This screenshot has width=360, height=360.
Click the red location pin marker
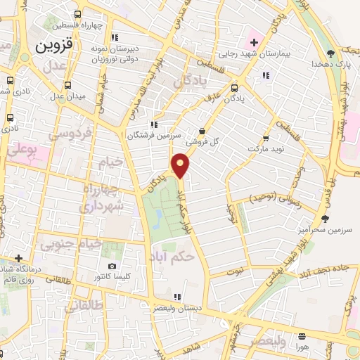pyautogui.click(x=181, y=165)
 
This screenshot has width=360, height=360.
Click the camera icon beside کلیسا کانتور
pyautogui.click(x=112, y=266)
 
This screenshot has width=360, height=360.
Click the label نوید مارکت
pyautogui.click(x=267, y=150)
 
